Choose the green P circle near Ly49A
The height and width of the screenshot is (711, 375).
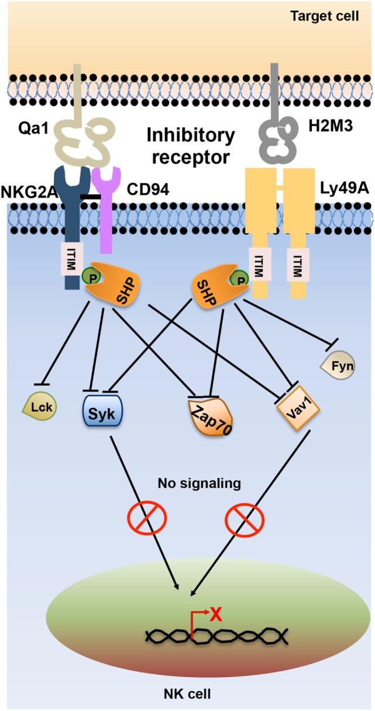pyautogui.click(x=239, y=280)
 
